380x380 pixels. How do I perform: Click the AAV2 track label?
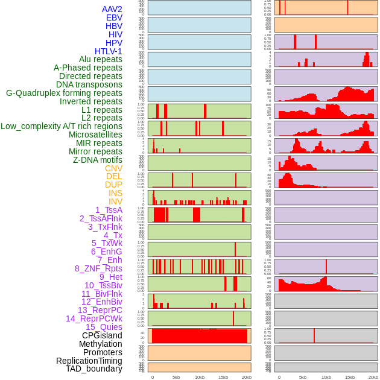(112, 9)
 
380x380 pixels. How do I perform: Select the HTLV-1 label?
(108, 51)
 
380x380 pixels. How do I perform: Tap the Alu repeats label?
(100, 59)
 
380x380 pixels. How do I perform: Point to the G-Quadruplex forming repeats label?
(64, 93)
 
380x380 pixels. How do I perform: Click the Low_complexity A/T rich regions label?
(62, 126)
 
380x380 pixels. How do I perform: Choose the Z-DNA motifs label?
(97, 160)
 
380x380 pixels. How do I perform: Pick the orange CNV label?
(113, 168)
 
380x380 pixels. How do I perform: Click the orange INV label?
(115, 201)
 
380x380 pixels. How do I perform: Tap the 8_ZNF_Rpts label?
(98, 268)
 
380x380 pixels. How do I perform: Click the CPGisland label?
(102, 335)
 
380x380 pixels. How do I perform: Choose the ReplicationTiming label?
(89, 361)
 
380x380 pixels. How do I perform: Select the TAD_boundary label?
(94, 369)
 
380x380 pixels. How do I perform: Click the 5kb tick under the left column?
(176, 377)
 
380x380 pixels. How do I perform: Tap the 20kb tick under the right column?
(373, 377)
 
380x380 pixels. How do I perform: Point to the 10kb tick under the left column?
(200, 377)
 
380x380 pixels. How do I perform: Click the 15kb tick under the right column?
(349, 377)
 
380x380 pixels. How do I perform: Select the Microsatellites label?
(95, 135)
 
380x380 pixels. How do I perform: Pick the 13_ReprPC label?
(100, 310)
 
